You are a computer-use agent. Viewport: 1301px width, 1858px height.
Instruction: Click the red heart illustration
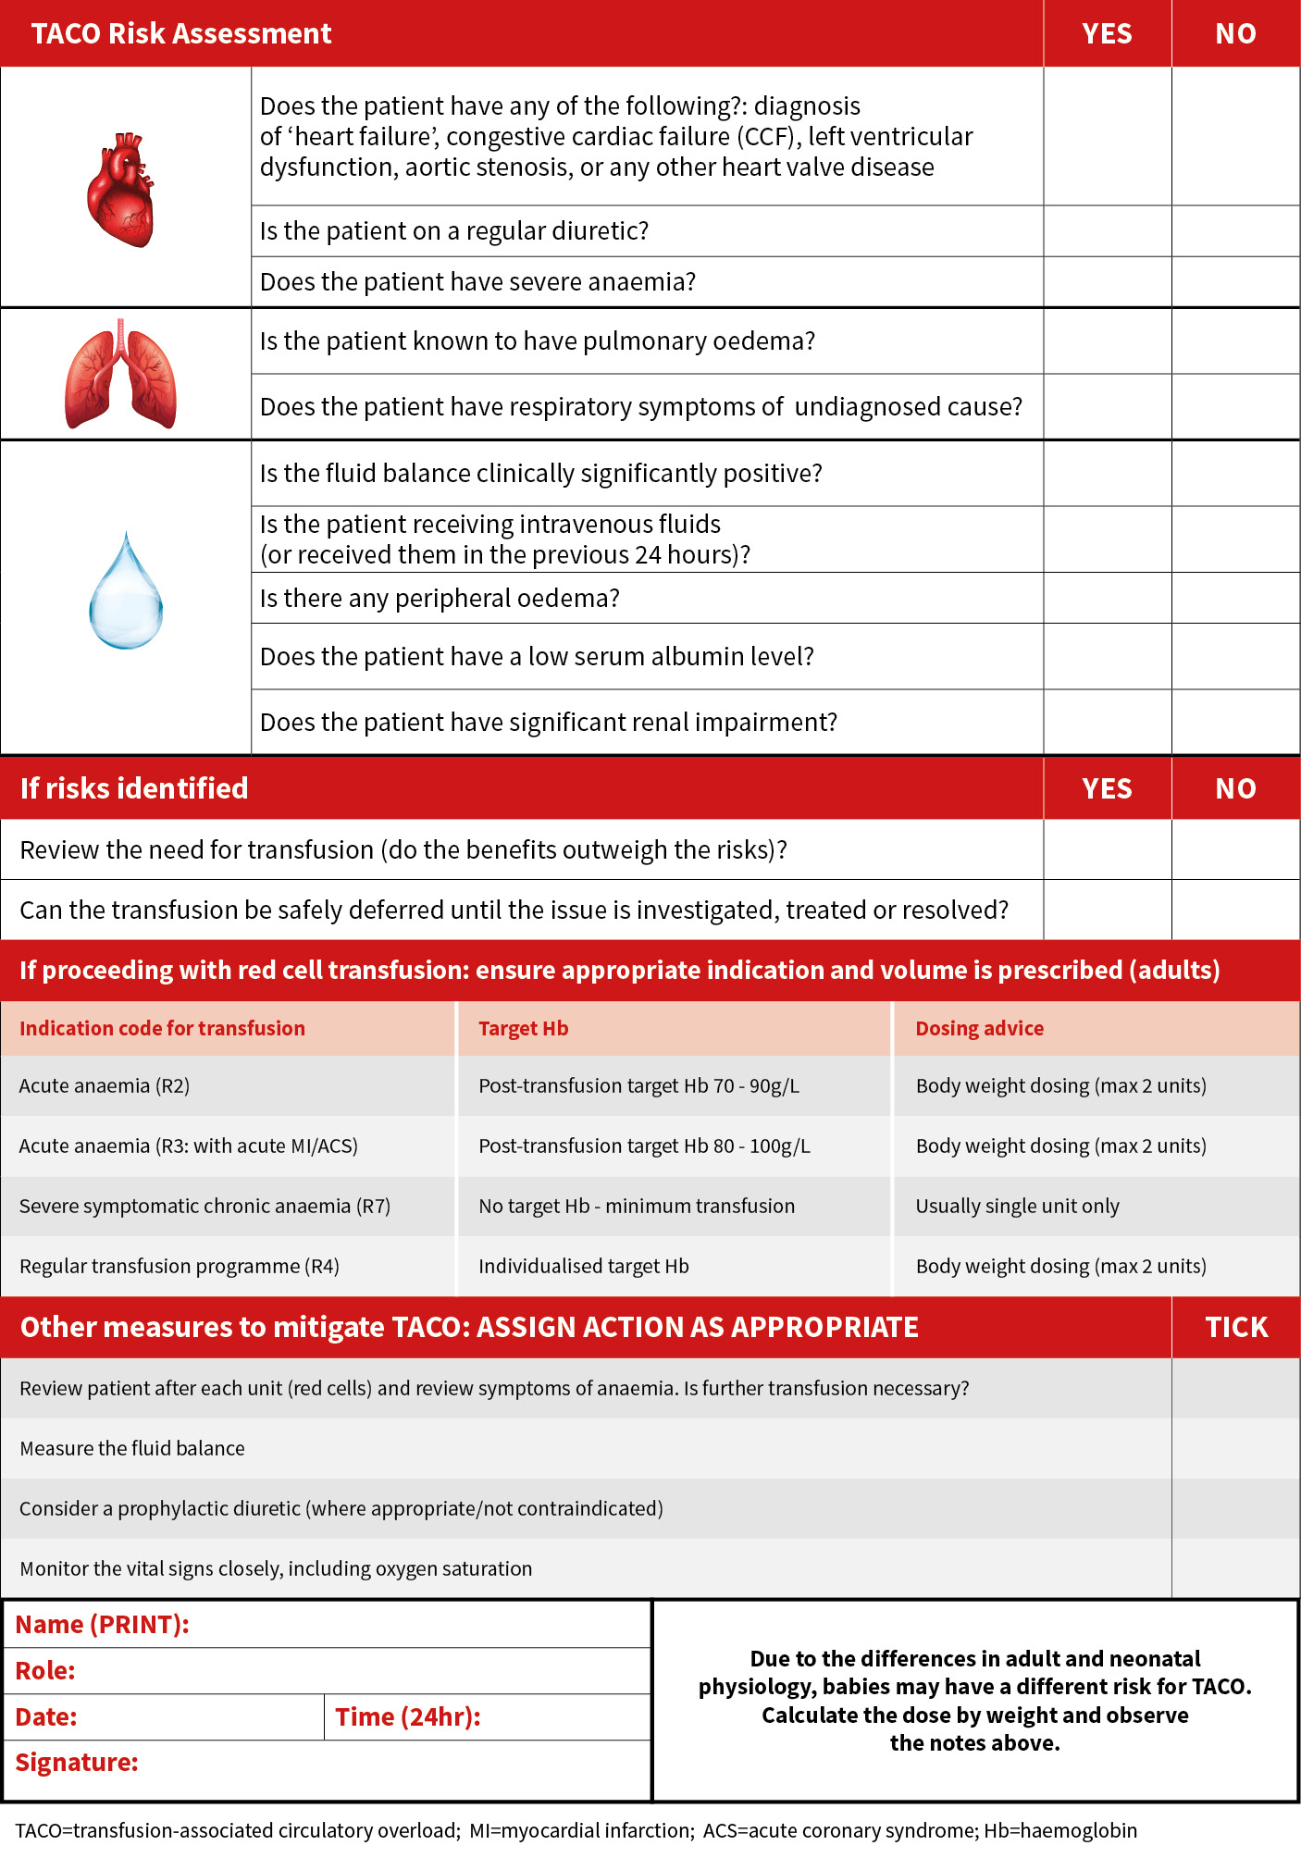pyautogui.click(x=120, y=190)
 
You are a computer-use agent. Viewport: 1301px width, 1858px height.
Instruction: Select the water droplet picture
pyautogui.click(x=126, y=592)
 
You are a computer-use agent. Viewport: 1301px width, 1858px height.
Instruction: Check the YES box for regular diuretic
pyautogui.click(x=1107, y=231)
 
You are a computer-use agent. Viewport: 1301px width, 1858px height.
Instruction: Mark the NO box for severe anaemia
pyautogui.click(x=1235, y=282)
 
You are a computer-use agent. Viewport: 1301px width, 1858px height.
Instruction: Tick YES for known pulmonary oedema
pyautogui.click(x=1107, y=341)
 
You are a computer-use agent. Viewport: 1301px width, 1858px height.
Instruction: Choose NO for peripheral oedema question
pyautogui.click(x=1235, y=598)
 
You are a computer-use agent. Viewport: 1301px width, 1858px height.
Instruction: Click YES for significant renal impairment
pyautogui.click(x=1107, y=722)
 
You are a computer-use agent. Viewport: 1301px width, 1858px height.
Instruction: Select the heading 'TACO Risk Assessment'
pyautogui.click(x=181, y=34)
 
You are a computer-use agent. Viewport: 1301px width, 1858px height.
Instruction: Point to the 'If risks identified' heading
pyautogui.click(x=134, y=788)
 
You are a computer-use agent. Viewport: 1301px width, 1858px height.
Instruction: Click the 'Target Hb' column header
pyautogui.click(x=524, y=1029)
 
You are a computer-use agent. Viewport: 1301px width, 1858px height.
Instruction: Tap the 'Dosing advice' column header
pyautogui.click(x=979, y=1029)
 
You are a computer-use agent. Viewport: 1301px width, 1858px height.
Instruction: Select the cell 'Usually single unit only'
pyautogui.click(x=1017, y=1207)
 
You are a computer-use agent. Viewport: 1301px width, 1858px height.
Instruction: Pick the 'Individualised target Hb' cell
pyautogui.click(x=583, y=1267)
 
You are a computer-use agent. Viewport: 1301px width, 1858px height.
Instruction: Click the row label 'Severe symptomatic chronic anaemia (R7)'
pyautogui.click(x=204, y=1207)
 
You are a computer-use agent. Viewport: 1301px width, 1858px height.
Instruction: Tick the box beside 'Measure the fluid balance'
pyautogui.click(x=1235, y=1448)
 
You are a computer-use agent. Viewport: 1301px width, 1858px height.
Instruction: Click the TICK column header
pyautogui.click(x=1235, y=1328)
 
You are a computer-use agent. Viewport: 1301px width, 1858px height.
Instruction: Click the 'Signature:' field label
pyautogui.click(x=77, y=1763)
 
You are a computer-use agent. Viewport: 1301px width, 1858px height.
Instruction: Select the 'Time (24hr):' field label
pyautogui.click(x=408, y=1717)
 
